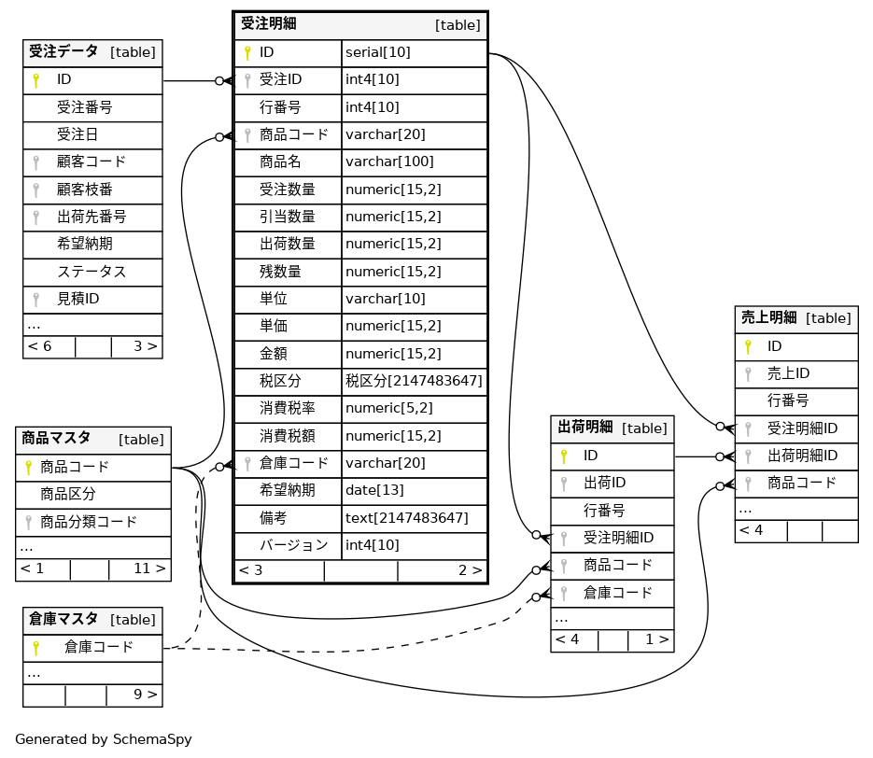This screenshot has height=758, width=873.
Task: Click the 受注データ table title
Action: coord(63,52)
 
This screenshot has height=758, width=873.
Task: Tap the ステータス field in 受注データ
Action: coord(92,272)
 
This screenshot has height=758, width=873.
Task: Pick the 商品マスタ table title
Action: coord(56,439)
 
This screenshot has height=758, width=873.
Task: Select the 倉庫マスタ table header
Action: coord(63,620)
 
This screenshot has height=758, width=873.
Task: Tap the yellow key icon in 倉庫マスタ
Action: coord(36,647)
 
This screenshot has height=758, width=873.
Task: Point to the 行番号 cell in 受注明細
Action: coord(280,107)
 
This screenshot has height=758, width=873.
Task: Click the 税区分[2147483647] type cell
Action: coord(414,381)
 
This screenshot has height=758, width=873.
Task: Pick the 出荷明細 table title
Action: coord(584,428)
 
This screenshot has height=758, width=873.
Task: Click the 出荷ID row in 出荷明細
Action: coord(604,483)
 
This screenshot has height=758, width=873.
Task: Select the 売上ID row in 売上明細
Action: coord(788,373)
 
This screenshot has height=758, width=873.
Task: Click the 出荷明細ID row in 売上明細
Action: coord(802,456)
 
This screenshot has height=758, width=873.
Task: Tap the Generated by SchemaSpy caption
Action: coord(104,739)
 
